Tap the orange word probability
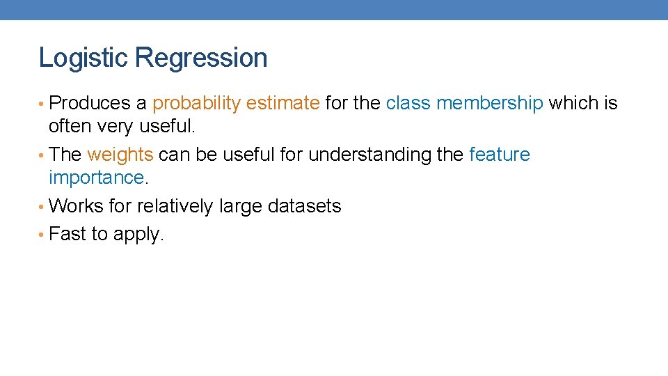[x=196, y=104]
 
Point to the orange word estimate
[x=283, y=104]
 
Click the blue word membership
[x=489, y=104]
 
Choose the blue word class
[x=408, y=104]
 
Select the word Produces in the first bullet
[x=90, y=104]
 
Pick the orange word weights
[x=120, y=155]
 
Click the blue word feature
[x=499, y=155]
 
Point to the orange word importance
[x=96, y=178]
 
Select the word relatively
[x=175, y=206]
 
